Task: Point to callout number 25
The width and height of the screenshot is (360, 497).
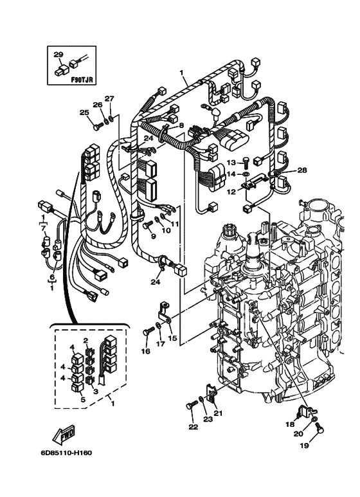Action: pyautogui.click(x=84, y=113)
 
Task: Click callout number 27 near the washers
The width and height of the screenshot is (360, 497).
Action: pyautogui.click(x=109, y=98)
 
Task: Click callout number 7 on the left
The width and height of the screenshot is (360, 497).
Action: pyautogui.click(x=44, y=228)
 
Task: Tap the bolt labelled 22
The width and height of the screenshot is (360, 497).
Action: pyautogui.click(x=190, y=406)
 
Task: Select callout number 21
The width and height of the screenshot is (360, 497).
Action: pyautogui.click(x=217, y=413)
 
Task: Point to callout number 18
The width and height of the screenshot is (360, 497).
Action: pyautogui.click(x=290, y=425)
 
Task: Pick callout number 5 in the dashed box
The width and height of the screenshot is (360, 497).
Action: pyautogui.click(x=82, y=399)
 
